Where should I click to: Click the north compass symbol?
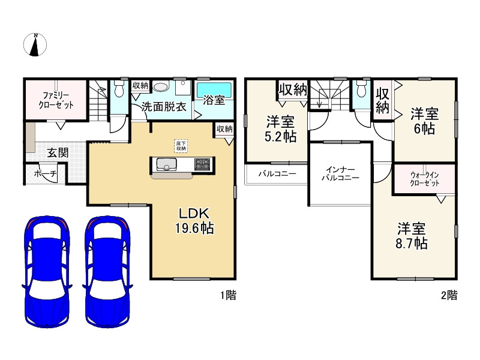(35, 44)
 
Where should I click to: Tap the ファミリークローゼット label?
(58, 100)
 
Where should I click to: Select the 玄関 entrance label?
(58, 152)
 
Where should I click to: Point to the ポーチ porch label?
(46, 174)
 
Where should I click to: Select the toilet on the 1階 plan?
(119, 90)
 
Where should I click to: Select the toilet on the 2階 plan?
(361, 90)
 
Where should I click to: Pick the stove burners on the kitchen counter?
(201, 163)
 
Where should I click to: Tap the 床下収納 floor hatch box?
(181, 145)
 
